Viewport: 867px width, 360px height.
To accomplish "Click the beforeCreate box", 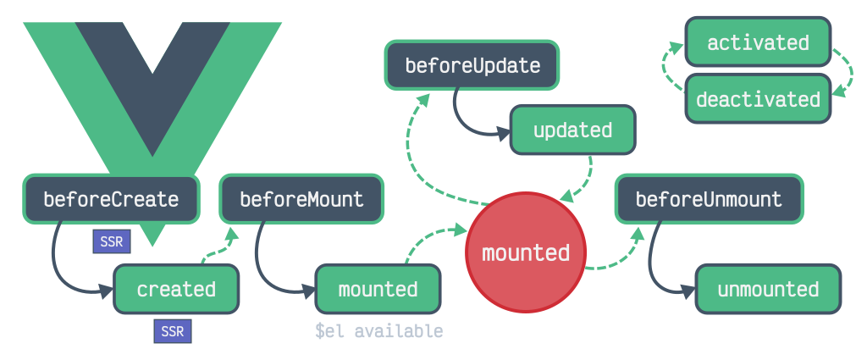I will pos(111,200).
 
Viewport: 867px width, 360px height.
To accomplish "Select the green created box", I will pos(176,289).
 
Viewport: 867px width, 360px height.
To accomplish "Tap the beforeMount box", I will pos(301,200).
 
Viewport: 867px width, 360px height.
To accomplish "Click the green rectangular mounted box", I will pos(378,289).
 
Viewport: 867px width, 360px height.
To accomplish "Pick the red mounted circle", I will pos(525,252).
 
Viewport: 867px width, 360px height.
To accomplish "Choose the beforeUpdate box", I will pos(472,65).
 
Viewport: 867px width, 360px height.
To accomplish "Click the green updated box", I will pos(572,130).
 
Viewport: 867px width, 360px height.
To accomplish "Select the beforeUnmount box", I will pos(709,200).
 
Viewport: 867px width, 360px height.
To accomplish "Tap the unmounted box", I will pos(768,289).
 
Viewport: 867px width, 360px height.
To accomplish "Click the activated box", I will pos(758,42).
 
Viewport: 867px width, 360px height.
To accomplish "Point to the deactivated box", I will pos(758,99).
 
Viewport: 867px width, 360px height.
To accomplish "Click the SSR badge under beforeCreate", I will pos(111,241).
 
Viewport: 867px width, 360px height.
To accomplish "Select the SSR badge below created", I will pos(172,331).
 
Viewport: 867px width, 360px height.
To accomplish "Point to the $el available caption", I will pos(378,331).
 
